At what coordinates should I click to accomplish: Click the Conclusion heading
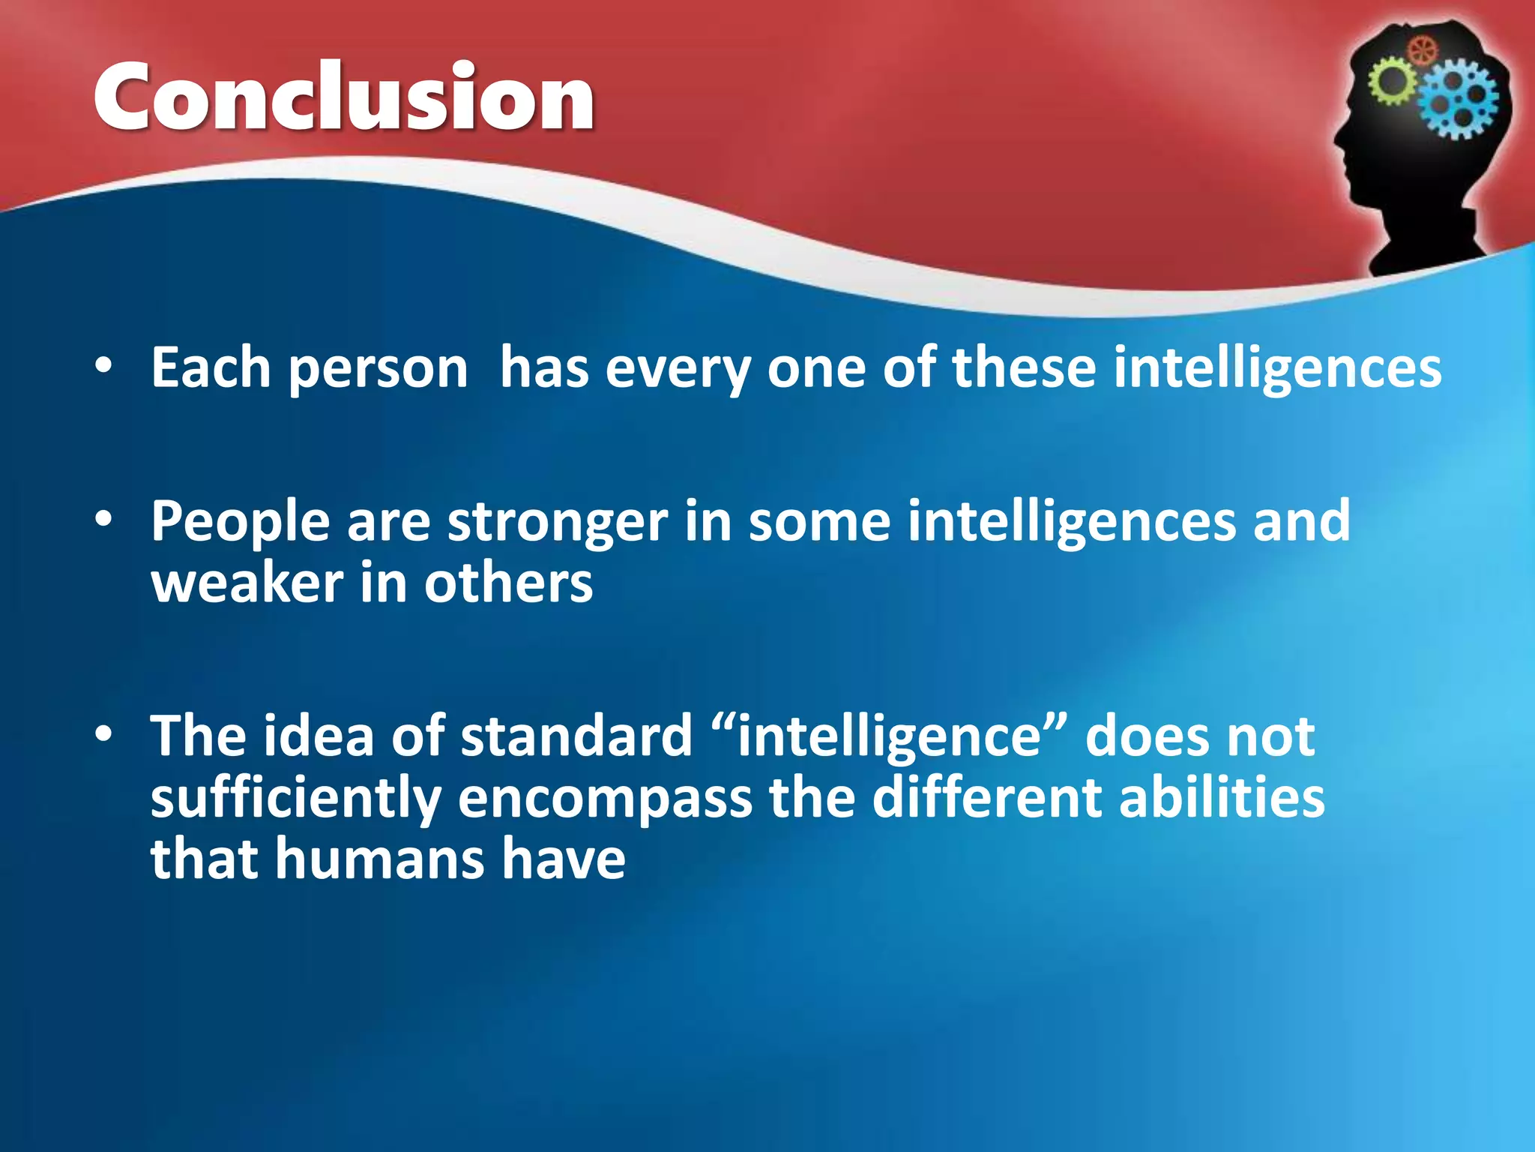coord(344,98)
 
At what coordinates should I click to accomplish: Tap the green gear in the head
coord(1393,82)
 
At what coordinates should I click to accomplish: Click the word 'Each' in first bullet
coord(211,368)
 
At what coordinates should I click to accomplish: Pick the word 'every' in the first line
coord(677,370)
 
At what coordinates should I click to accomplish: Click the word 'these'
coord(1024,368)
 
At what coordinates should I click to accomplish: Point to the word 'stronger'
coord(557,522)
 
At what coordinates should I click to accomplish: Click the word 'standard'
coord(576,736)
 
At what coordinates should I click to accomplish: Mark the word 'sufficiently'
coord(295,798)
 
